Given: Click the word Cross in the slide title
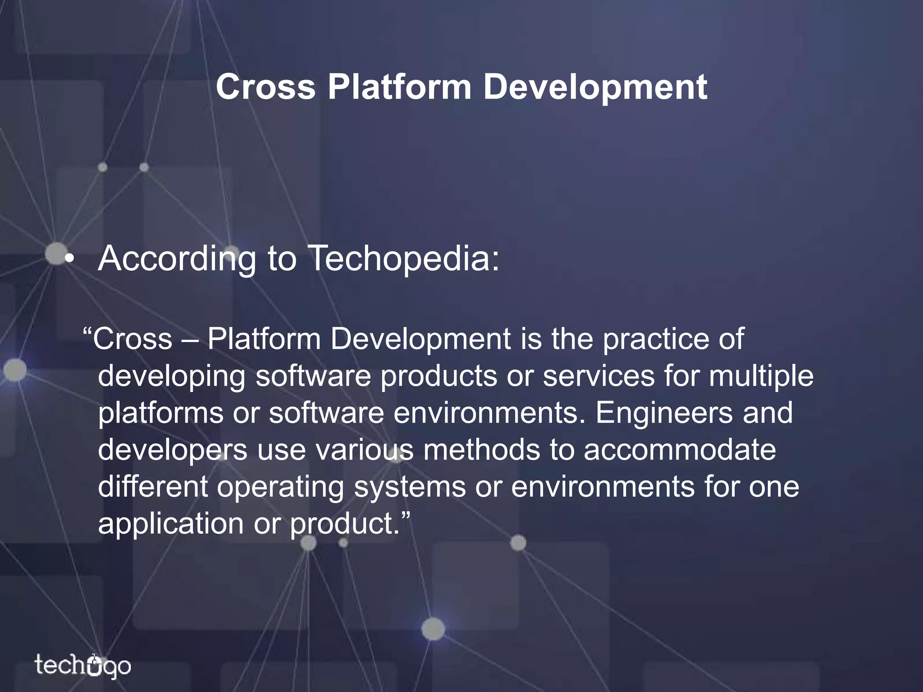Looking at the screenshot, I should coord(265,87).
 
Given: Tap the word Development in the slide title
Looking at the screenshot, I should coord(595,87).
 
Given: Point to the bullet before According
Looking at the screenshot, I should coord(68,259).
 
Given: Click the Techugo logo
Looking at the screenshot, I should coord(83,666).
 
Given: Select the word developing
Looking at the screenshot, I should coord(172,376).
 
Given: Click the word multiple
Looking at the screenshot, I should coord(761,376).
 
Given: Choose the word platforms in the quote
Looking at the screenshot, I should coord(160,413).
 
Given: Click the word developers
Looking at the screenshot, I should coord(173,450).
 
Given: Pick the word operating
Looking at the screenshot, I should coord(280,487).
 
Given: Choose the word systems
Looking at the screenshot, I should coord(410,487).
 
